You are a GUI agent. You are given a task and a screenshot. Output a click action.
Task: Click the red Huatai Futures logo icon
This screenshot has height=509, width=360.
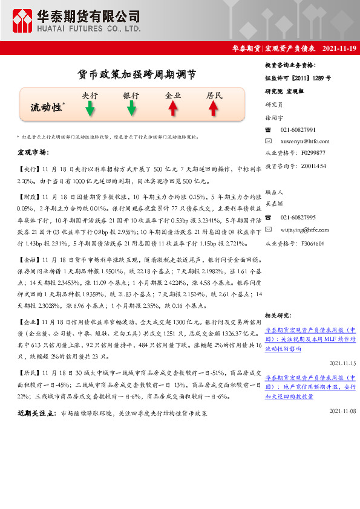23,21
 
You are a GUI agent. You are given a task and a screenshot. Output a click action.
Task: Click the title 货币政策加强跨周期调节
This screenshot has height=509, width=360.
137,74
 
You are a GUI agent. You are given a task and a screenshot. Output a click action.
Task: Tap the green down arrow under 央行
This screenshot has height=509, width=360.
90,108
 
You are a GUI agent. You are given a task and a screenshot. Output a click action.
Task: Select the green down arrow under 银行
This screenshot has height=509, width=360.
131,108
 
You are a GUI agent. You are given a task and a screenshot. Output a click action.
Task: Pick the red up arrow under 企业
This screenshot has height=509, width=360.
173,108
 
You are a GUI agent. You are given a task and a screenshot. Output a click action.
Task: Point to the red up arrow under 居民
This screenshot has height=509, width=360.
214,108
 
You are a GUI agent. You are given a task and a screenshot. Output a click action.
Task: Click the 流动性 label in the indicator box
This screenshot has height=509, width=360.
47,107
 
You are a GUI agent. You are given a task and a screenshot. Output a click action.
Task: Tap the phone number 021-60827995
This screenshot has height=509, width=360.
298,217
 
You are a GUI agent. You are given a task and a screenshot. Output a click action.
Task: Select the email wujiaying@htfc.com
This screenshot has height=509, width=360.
305,230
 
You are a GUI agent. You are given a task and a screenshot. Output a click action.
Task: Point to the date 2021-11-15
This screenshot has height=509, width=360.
343,363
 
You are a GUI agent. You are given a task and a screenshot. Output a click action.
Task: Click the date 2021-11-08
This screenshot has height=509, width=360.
343,410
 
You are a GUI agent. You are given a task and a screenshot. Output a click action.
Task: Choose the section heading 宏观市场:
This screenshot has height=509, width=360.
33,152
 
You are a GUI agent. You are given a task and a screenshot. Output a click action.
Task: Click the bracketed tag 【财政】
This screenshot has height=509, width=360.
28,197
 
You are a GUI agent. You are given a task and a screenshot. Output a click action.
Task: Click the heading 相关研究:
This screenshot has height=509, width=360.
279,315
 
